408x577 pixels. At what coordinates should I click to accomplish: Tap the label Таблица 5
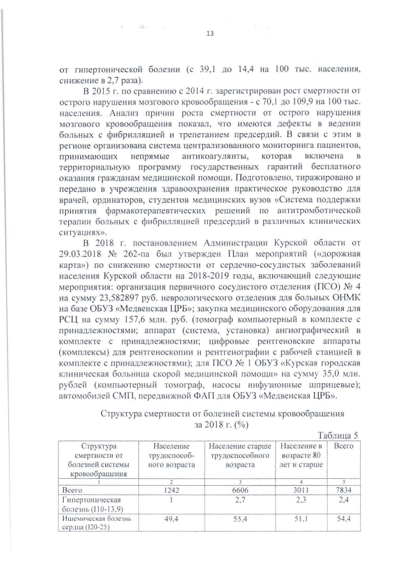coord(339,435)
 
